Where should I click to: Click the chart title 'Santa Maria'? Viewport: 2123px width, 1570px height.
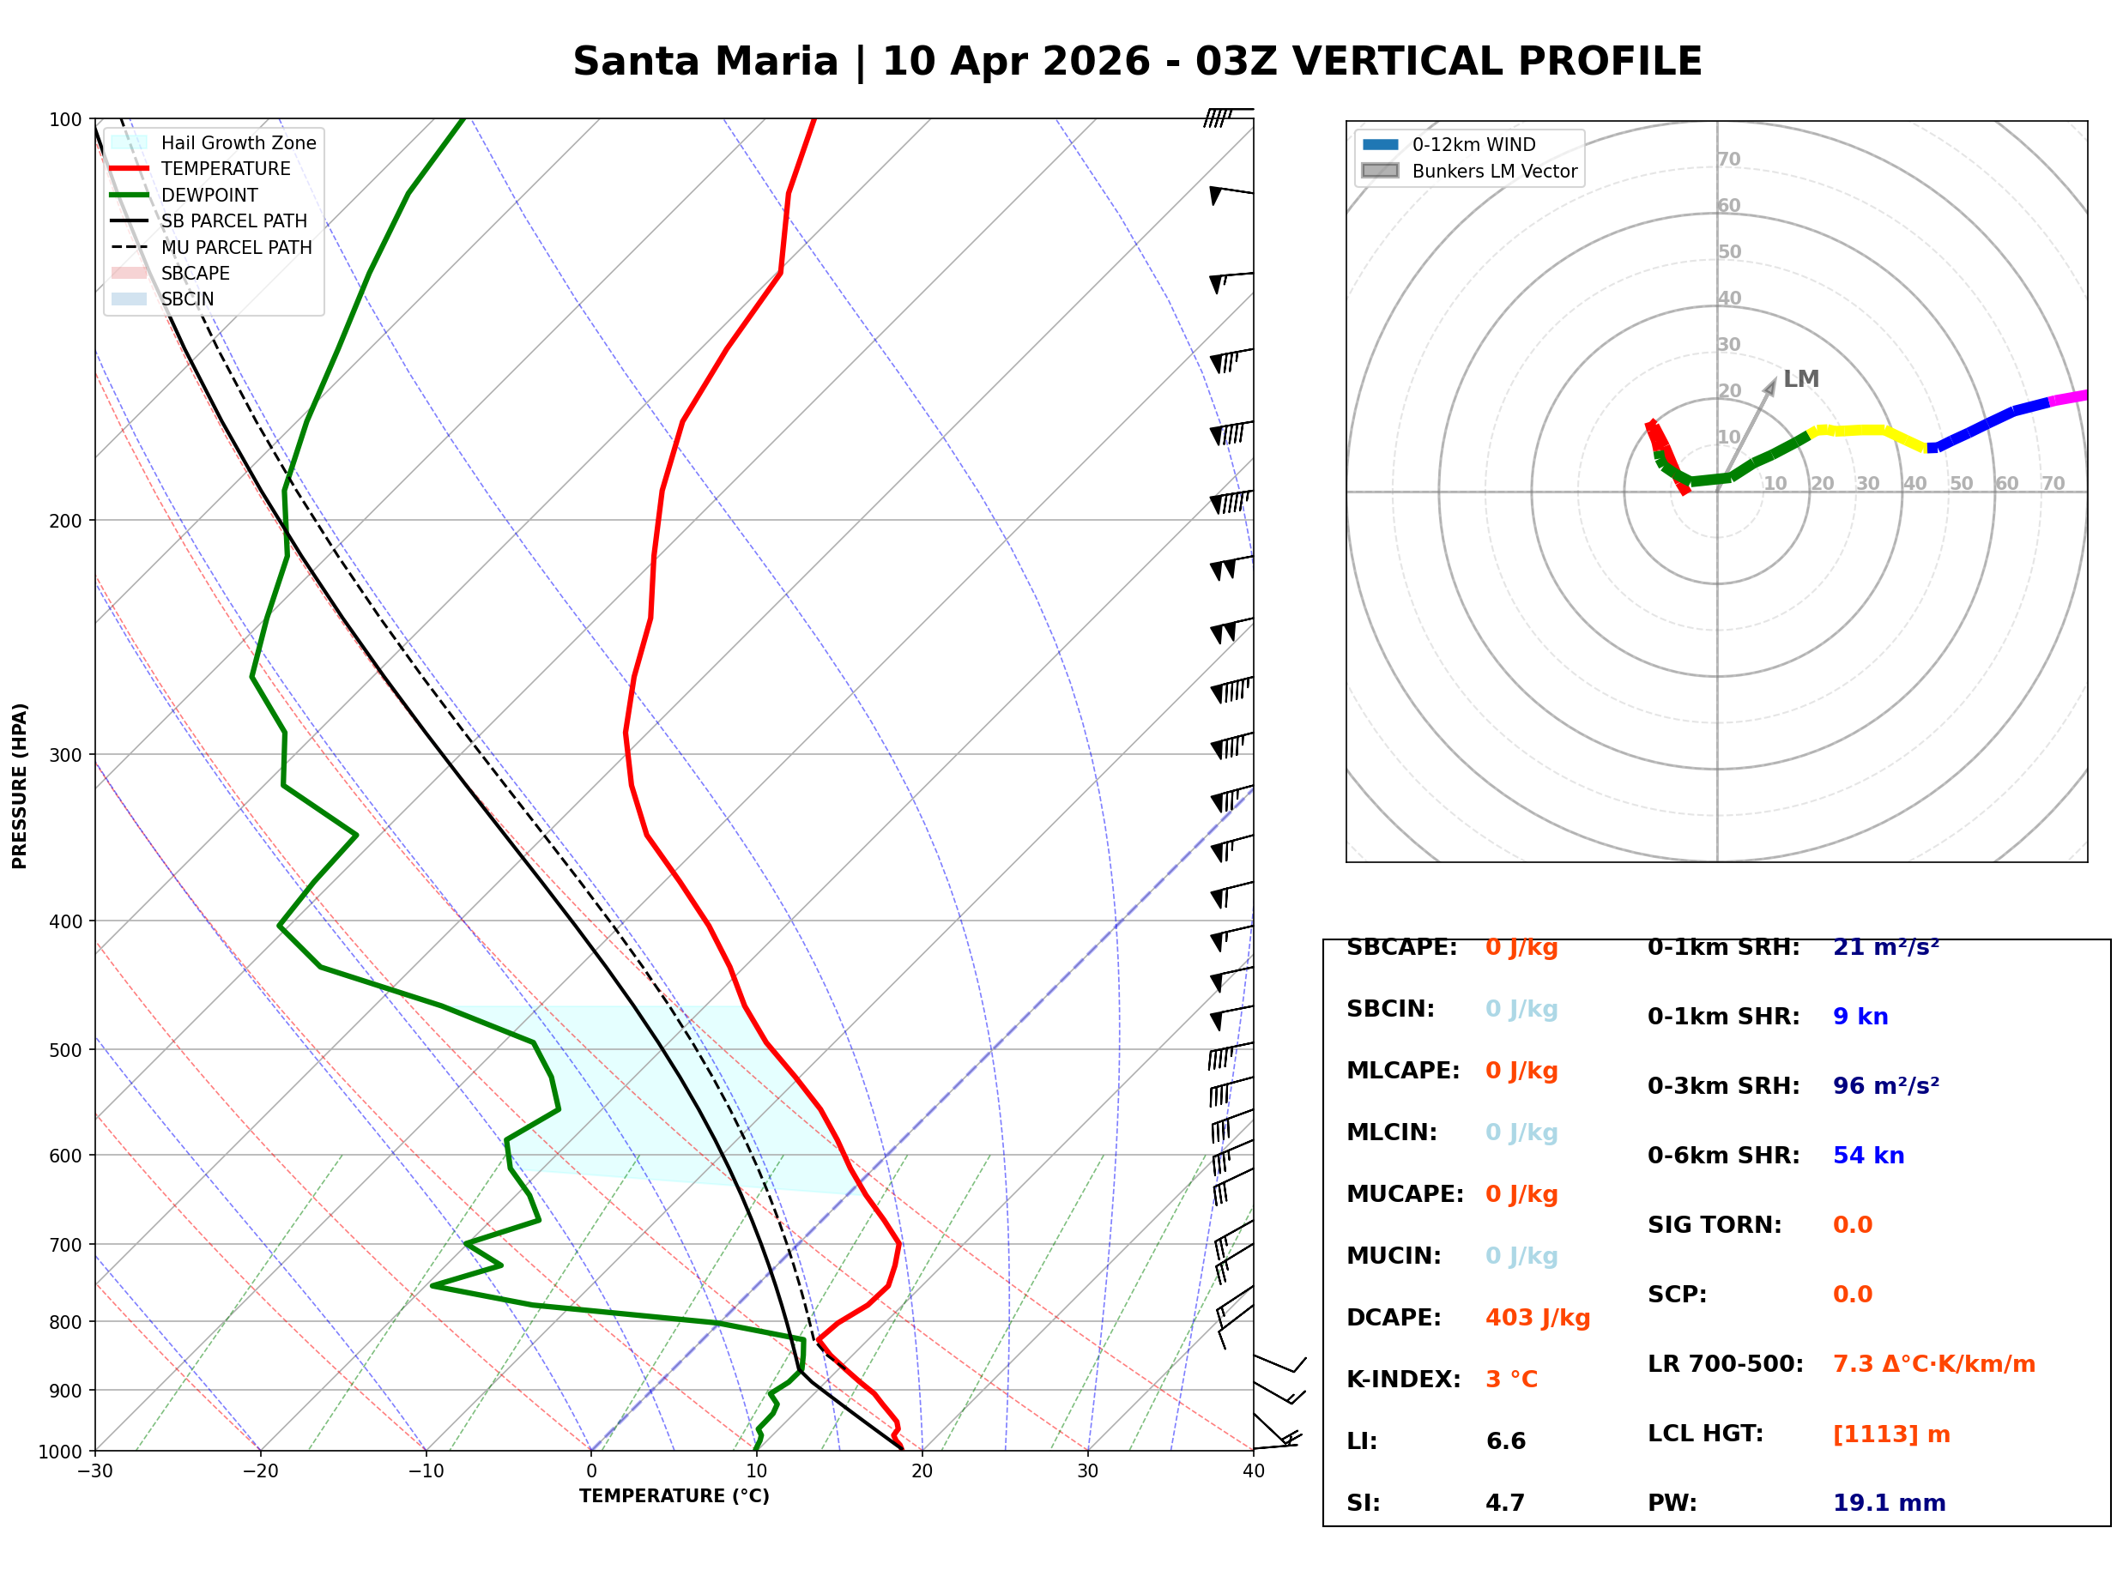click(x=705, y=62)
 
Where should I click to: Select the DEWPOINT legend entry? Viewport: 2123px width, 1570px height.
click(x=209, y=195)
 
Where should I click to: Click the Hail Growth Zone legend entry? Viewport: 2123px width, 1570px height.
click(x=238, y=142)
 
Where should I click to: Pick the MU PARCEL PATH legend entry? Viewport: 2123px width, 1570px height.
click(x=236, y=247)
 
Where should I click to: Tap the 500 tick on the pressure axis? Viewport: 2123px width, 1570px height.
click(x=65, y=1050)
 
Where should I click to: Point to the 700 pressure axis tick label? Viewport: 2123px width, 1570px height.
click(x=65, y=1245)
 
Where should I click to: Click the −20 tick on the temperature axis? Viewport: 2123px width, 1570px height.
click(x=259, y=1471)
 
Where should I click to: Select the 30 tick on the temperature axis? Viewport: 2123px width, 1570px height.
click(x=1087, y=1471)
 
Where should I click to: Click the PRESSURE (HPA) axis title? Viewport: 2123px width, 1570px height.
click(x=20, y=786)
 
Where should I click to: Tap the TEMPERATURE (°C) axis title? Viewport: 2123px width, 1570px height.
click(x=674, y=1496)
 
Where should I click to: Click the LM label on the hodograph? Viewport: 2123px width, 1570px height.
click(x=1801, y=379)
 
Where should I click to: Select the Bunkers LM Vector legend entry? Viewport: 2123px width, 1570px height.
click(x=1494, y=171)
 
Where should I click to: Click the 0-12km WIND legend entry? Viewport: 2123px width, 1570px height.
click(x=1473, y=144)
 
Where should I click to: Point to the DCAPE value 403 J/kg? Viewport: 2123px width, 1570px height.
click(x=1538, y=1318)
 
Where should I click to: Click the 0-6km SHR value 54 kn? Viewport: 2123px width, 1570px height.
click(x=1868, y=1156)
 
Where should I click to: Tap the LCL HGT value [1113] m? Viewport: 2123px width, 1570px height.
click(x=1891, y=1434)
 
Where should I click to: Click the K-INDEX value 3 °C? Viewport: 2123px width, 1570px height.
click(x=1511, y=1380)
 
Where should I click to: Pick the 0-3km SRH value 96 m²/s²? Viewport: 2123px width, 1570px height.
click(x=1885, y=1086)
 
